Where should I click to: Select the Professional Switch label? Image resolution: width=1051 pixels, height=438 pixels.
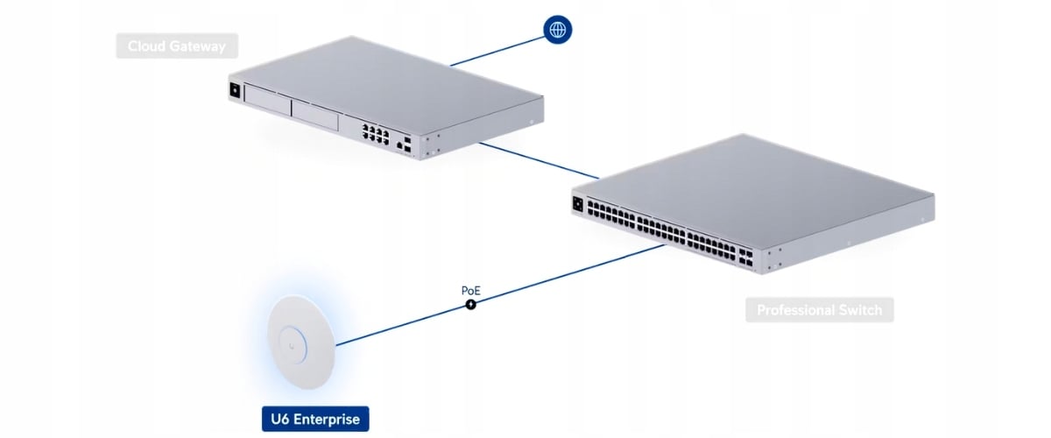tap(819, 310)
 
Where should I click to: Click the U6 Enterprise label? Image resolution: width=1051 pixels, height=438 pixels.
tap(315, 419)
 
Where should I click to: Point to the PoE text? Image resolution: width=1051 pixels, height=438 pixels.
tap(470, 290)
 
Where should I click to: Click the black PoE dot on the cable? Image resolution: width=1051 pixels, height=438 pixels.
tap(470, 304)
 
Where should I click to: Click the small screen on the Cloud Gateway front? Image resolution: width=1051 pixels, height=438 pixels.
tap(235, 89)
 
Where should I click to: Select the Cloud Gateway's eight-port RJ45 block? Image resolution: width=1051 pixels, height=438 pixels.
tap(375, 134)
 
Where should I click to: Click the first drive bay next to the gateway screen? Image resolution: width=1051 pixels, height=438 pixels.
tap(267, 102)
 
